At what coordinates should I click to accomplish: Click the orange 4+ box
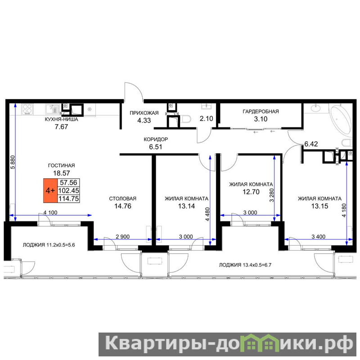click(50, 190)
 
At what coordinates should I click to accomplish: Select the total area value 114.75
click(69, 198)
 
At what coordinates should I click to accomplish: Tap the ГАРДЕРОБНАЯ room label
click(261, 112)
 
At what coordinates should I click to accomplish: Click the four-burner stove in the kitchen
click(27, 109)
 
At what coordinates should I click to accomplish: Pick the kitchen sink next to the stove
click(52, 109)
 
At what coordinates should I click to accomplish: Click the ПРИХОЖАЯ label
click(144, 113)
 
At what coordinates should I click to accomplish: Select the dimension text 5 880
click(13, 162)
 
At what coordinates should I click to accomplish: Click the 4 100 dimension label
click(50, 212)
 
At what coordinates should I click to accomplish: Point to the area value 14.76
click(123, 206)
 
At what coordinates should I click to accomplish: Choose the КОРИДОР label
click(156, 139)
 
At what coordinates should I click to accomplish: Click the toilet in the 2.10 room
click(186, 119)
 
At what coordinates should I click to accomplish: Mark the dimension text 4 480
click(207, 214)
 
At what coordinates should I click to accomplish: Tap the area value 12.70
click(251, 192)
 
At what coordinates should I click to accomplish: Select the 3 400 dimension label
click(319, 237)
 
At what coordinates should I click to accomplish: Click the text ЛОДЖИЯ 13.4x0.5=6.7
click(245, 265)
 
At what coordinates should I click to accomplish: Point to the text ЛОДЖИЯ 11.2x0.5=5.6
click(49, 245)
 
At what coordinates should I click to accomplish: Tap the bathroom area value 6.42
click(311, 144)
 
